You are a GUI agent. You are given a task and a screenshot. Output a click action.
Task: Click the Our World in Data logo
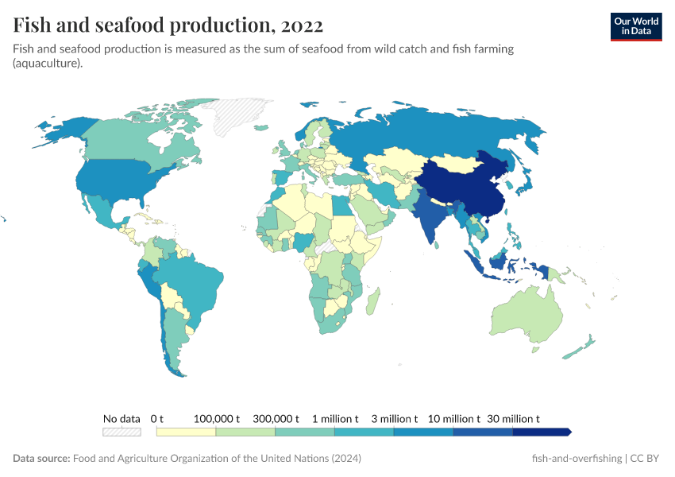(x=635, y=26)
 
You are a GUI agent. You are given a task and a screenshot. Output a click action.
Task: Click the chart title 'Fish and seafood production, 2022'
(x=168, y=25)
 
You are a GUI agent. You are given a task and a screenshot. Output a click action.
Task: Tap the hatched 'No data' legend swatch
(x=121, y=432)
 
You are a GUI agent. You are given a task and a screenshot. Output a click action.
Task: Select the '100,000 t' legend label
(x=217, y=418)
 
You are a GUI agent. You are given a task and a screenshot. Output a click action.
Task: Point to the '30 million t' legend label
(x=513, y=418)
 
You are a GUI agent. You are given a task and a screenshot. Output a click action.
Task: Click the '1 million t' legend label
(x=335, y=418)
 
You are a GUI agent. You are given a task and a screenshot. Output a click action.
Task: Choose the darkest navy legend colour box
(x=541, y=432)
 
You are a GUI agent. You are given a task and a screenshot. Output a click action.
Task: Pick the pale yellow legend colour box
(x=187, y=432)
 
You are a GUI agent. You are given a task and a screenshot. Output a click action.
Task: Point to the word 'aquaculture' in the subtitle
(x=47, y=64)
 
